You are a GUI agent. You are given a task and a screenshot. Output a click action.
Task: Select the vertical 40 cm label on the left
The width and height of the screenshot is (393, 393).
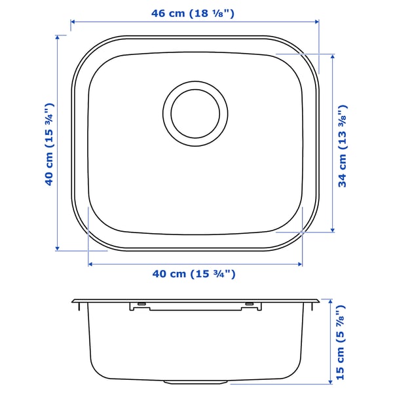pyautogui.click(x=48, y=144)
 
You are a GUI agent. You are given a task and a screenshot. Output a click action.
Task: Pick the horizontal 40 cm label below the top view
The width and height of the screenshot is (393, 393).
pyautogui.click(x=195, y=275)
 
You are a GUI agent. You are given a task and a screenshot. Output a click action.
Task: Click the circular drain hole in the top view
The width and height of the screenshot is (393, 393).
pyautogui.click(x=195, y=111)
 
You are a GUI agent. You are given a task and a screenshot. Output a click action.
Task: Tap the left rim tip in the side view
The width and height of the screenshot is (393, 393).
pyautogui.click(x=73, y=301)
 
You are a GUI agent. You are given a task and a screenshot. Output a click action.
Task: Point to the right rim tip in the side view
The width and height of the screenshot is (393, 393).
pyautogui.click(x=318, y=301)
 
